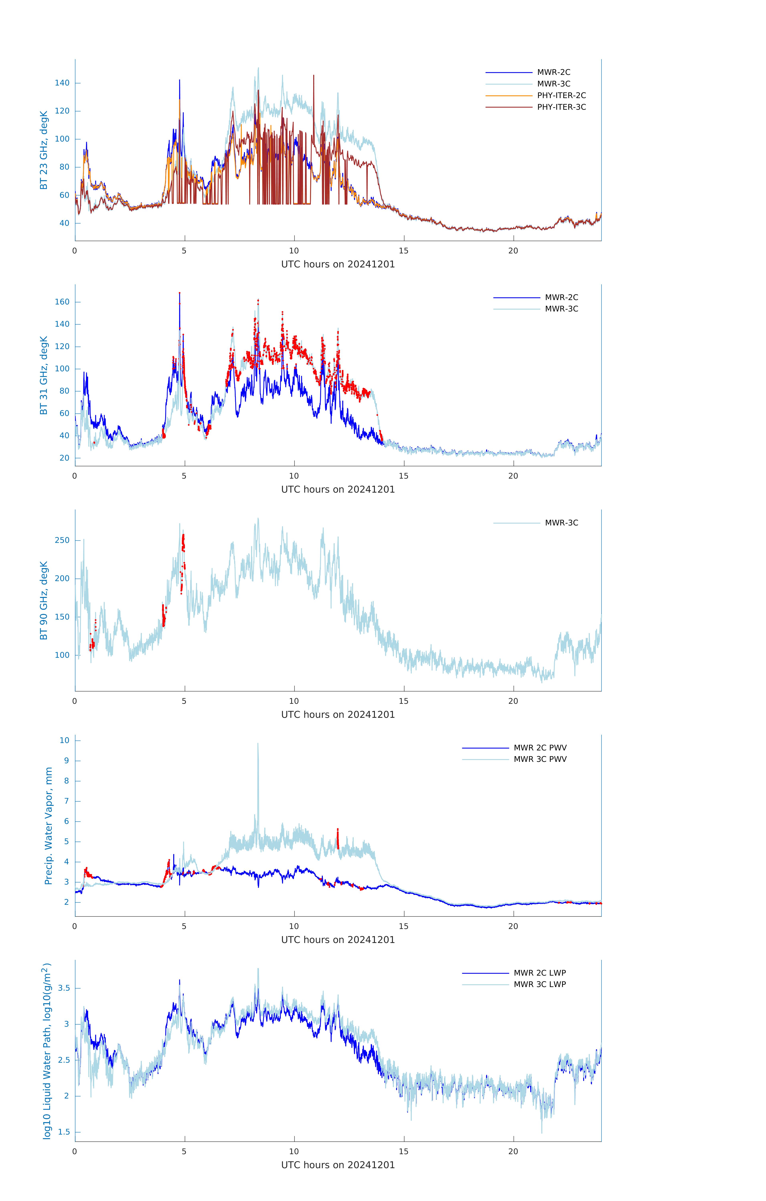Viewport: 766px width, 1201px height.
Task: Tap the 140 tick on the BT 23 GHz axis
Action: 62,83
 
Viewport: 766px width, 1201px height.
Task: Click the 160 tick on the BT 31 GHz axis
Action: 62,302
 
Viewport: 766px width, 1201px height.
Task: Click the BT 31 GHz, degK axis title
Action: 44,375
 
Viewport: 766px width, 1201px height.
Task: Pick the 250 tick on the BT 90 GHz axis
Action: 62,540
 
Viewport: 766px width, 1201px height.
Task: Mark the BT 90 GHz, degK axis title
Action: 44,600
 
